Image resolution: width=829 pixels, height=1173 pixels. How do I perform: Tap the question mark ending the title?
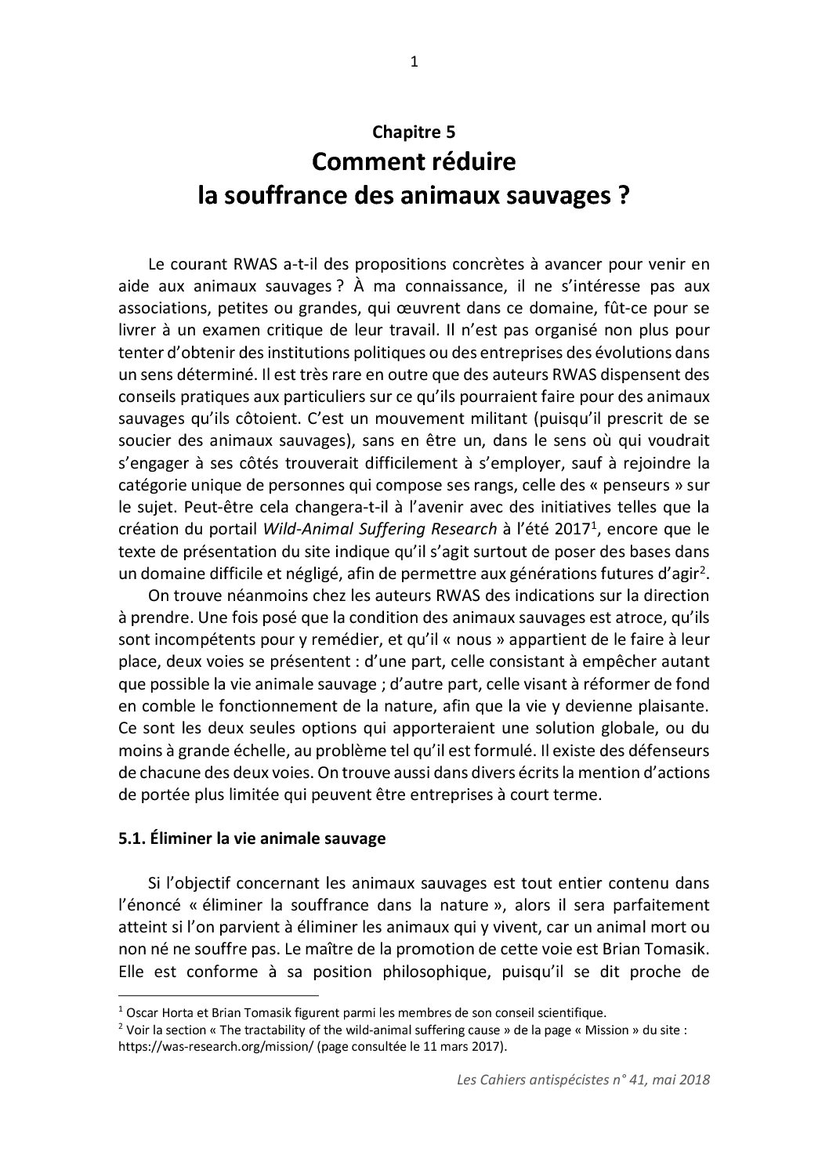click(623, 195)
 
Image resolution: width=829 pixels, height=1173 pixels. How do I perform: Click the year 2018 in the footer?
click(692, 1080)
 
